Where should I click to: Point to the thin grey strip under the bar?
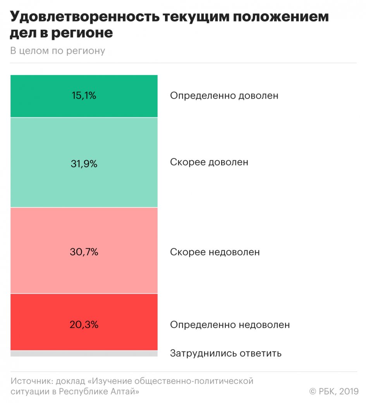point(84,353)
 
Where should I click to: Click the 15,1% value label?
point(84,96)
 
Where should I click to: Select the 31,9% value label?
point(84,164)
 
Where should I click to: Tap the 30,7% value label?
point(84,252)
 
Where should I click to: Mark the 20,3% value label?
point(84,324)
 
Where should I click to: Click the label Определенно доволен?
point(224,96)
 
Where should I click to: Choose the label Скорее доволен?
point(209,162)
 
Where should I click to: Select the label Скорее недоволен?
point(215,252)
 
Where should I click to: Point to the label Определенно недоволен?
point(230,325)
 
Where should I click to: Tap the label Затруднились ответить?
point(225,353)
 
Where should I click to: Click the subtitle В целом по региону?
point(58,51)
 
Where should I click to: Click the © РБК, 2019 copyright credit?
point(334,391)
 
